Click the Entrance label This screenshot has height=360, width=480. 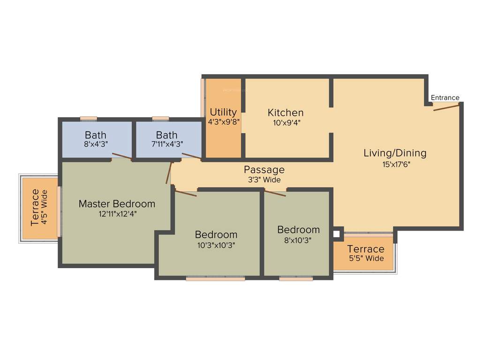coord(445,97)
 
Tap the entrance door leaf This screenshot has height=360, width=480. coord(446,107)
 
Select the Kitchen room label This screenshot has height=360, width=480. coord(285,112)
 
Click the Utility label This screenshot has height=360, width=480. coord(223,112)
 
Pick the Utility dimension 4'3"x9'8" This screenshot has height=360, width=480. coord(224,121)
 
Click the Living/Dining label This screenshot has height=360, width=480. coord(395,153)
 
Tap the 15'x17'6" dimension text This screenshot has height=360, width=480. coord(395,164)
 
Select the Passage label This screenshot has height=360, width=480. coord(264,170)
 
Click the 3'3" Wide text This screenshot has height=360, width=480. coord(264,180)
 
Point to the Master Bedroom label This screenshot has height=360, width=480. coord(117,203)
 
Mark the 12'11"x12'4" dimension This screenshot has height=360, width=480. coord(117,214)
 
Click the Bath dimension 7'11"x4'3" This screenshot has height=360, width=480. coord(167,144)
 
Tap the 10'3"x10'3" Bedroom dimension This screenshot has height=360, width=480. coord(216,245)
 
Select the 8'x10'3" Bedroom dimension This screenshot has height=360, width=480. coord(298,240)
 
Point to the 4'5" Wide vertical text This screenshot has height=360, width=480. coord(45,208)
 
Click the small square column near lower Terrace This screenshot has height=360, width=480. coord(336,233)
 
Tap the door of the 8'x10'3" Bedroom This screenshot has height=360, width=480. coord(275,193)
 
